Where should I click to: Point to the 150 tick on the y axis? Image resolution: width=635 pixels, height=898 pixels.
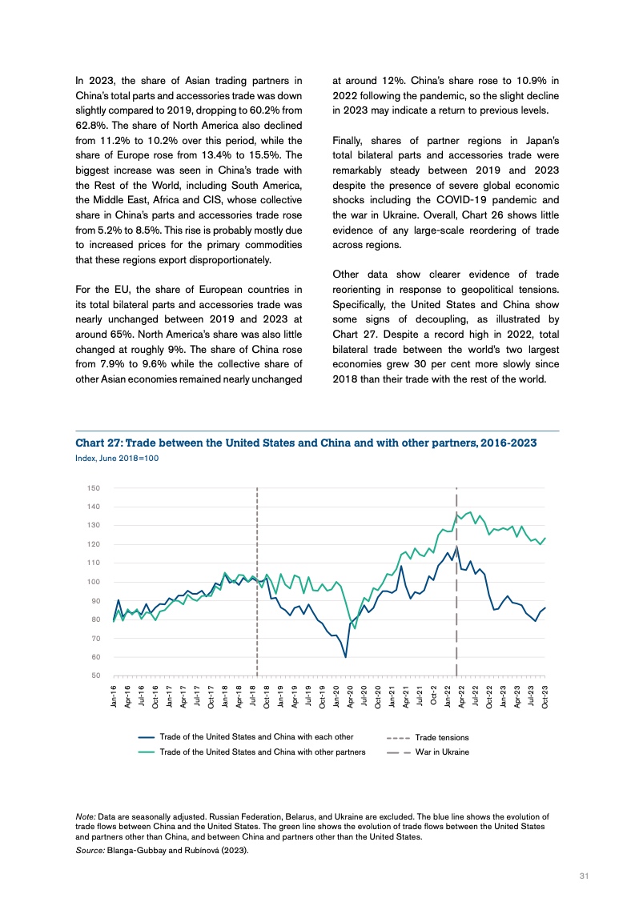coord(94,488)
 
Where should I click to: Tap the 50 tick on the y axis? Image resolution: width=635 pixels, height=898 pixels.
coord(95,676)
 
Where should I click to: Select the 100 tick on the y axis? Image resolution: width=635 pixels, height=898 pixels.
coord(94,582)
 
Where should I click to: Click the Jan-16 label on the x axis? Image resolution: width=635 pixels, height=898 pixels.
coord(115,696)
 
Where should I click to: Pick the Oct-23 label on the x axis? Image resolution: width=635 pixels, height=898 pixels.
coord(545,696)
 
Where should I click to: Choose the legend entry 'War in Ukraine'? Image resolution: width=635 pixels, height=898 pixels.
coord(441,752)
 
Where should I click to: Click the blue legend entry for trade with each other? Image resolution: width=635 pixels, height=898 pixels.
coord(256,736)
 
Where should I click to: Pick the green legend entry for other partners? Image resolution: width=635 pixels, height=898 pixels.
coord(262,752)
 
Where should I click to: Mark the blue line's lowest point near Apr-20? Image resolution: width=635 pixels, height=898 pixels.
coord(345,657)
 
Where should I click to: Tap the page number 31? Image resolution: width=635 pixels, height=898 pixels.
coord(584,876)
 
